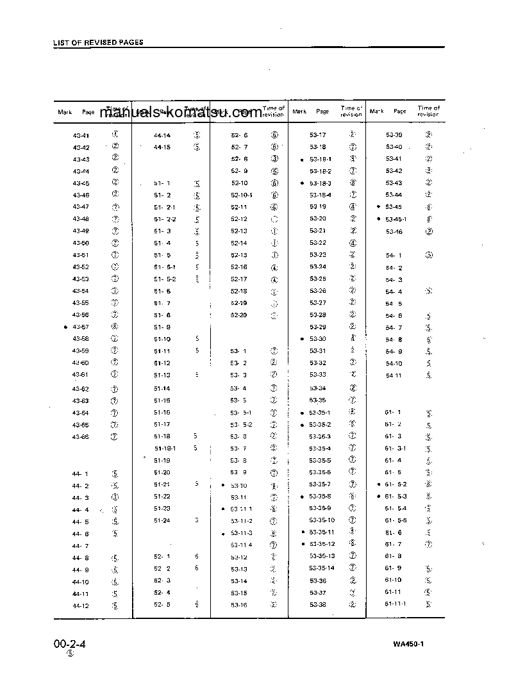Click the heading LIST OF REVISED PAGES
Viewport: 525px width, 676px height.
(98, 42)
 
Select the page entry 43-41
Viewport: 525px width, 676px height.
(81, 135)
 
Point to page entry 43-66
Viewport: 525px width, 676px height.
(81, 436)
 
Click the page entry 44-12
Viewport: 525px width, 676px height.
(81, 606)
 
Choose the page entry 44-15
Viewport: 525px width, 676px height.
(162, 147)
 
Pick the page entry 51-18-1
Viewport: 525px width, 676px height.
(165, 449)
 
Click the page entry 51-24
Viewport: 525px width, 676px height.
(162, 520)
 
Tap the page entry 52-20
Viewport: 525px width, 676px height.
(238, 315)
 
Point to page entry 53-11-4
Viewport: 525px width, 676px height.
(242, 545)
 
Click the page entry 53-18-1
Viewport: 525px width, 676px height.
(321, 159)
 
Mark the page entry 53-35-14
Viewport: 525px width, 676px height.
(322, 568)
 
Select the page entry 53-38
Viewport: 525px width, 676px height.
(318, 605)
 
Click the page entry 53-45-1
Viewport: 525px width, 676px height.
(396, 219)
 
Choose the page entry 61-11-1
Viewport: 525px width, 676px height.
(396, 604)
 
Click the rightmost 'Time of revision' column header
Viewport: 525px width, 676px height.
(429, 111)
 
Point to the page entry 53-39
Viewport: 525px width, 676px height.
(394, 135)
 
